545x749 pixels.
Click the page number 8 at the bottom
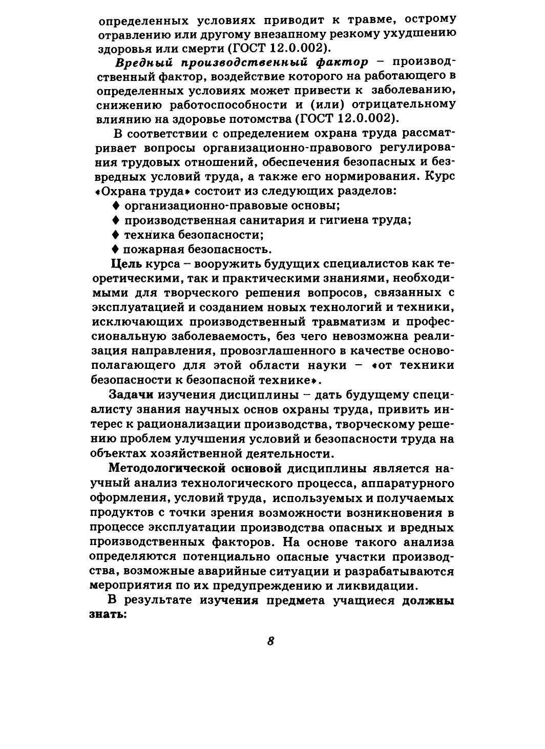pos(271,641)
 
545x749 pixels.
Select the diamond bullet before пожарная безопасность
pos(116,249)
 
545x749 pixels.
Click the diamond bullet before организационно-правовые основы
pos(116,206)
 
